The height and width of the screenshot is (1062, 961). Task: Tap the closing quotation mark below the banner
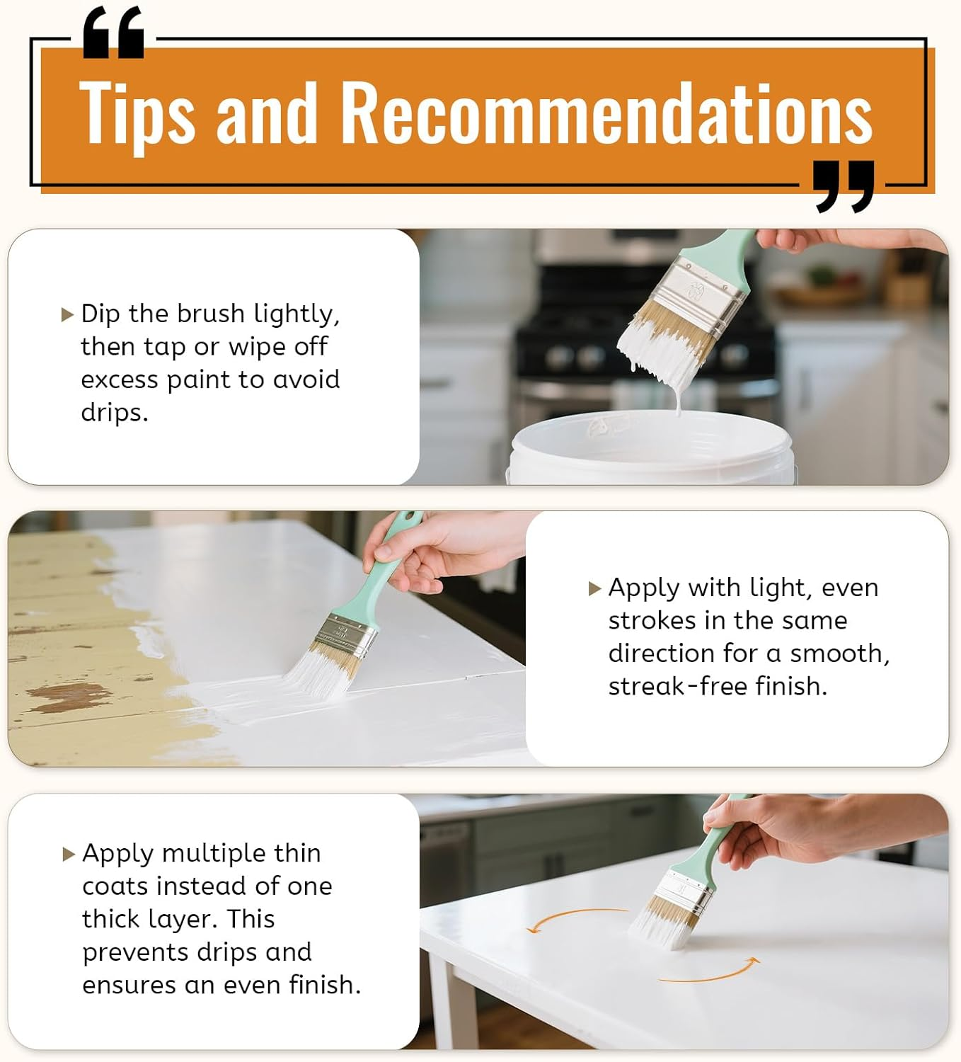[844, 186]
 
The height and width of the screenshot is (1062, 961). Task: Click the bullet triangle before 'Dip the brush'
[67, 314]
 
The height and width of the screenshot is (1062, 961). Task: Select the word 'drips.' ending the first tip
[115, 413]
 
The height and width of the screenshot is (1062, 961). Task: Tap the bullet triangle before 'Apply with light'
[595, 588]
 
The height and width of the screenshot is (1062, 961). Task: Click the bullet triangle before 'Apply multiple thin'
[68, 855]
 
